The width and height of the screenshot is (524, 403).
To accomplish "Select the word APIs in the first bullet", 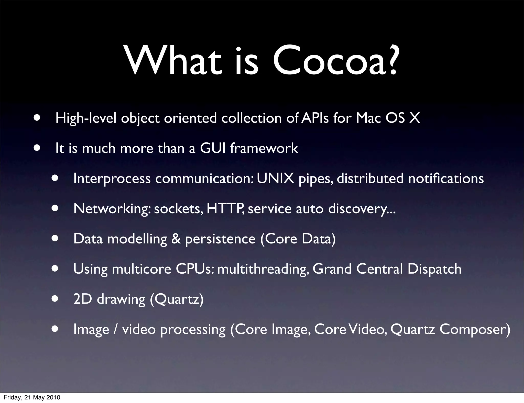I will pyautogui.click(x=315, y=118).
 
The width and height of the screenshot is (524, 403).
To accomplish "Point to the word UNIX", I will pyautogui.click(x=275, y=178).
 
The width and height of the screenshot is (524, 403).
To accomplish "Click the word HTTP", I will pyautogui.click(x=225, y=208).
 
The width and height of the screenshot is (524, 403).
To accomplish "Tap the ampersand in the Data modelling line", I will pyautogui.click(x=176, y=239).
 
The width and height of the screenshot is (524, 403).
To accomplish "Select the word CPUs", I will pyautogui.click(x=194, y=269).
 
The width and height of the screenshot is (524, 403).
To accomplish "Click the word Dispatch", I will pyautogui.click(x=434, y=269).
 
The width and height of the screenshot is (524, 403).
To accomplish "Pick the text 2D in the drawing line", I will pyautogui.click(x=82, y=299).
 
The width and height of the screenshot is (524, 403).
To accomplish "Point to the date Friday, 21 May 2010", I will pyautogui.click(x=32, y=397).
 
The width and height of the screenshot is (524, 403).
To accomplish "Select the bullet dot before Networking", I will pyautogui.click(x=55, y=208).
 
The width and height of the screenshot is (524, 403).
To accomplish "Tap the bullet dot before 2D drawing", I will pyautogui.click(x=55, y=299).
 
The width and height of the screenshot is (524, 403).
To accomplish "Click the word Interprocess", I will pyautogui.click(x=112, y=179).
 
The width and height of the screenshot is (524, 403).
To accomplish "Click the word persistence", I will pyautogui.click(x=220, y=239).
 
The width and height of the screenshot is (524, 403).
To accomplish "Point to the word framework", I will pyautogui.click(x=264, y=148).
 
